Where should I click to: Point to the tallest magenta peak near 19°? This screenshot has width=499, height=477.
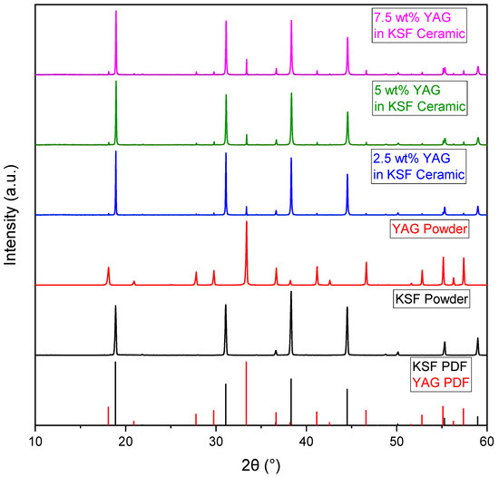[x=116, y=13]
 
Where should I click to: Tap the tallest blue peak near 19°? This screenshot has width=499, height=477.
[x=116, y=152]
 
